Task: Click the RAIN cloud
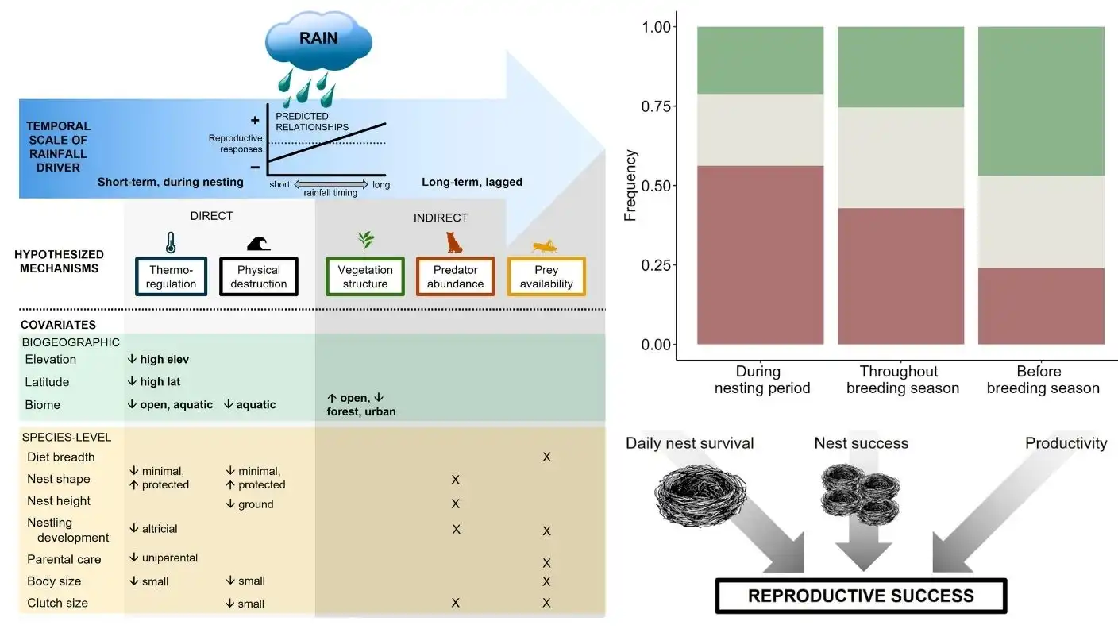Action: point(317,37)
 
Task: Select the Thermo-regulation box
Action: point(171,276)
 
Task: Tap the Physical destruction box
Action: point(259,276)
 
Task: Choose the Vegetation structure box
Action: point(365,276)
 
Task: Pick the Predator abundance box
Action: point(455,276)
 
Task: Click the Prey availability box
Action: point(546,276)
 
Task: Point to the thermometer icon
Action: point(171,242)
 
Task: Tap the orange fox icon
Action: point(454,241)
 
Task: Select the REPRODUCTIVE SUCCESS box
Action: point(861,596)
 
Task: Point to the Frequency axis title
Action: point(630,186)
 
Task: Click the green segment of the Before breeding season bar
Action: point(1041,101)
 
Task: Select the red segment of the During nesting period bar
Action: point(761,254)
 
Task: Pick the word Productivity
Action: point(1066,443)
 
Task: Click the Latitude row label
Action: point(47,382)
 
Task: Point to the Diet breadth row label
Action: point(60,457)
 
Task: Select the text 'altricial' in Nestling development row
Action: point(159,528)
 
